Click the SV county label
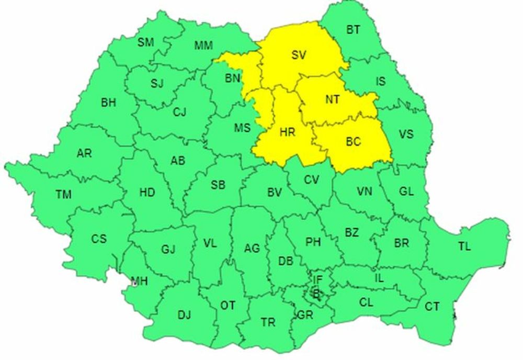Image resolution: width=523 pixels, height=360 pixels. tap(299, 55)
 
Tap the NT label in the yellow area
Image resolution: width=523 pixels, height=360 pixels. tap(332, 100)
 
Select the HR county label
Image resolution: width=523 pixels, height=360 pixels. tap(287, 132)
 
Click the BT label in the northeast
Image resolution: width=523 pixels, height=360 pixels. tap(353, 30)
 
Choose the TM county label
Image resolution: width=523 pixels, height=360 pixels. tap(63, 195)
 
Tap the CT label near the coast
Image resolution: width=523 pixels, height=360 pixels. tap(431, 307)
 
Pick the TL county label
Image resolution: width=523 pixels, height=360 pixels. tap(464, 246)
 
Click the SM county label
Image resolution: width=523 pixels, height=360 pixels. tap(145, 42)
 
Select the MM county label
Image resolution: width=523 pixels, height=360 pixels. tap(203, 46)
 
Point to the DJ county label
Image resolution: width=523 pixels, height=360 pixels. tap(184, 315)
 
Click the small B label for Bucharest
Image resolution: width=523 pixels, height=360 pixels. tap(315, 294)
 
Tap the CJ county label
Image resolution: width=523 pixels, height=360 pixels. tap(179, 111)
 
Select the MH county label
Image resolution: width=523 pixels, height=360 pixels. tap(140, 282)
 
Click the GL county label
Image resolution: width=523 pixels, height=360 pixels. tap(406, 192)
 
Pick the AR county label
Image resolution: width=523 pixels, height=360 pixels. tap(84, 153)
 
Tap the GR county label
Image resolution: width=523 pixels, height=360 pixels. tap(304, 315)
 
